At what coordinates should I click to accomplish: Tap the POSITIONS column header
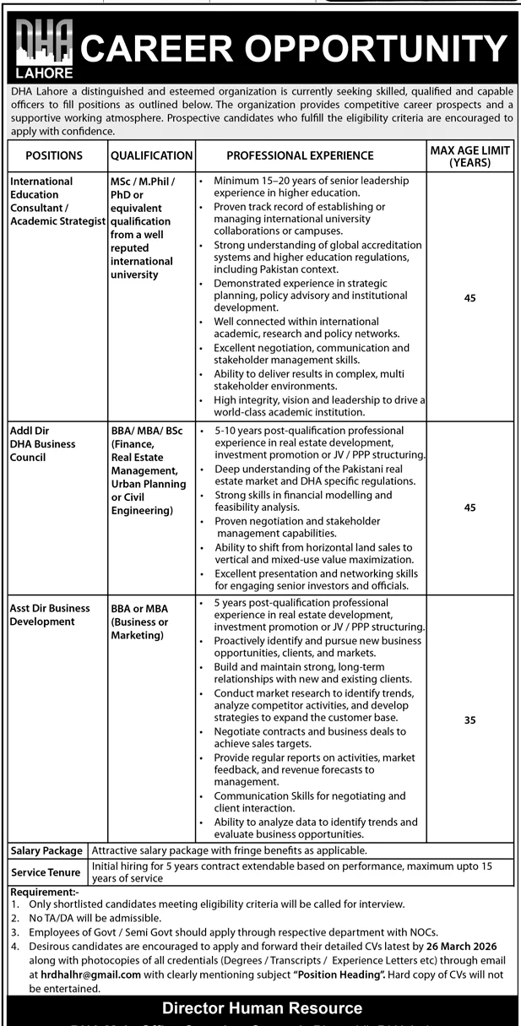[54, 155]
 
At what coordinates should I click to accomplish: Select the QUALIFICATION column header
[151, 155]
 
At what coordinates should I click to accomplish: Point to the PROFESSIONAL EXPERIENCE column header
[300, 155]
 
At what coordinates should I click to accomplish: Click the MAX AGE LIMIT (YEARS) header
[470, 155]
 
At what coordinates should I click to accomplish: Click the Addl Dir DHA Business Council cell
[42, 443]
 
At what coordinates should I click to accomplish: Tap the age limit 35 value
[470, 720]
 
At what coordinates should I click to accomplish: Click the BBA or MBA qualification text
[139, 622]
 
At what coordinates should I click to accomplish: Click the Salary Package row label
[46, 850]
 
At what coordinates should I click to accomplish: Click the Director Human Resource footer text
[262, 1008]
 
